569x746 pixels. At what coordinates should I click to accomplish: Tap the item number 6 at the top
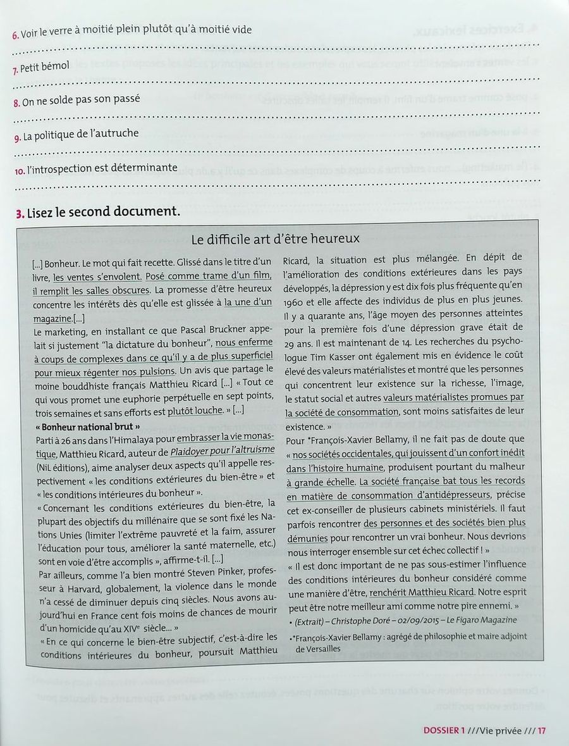tap(15, 35)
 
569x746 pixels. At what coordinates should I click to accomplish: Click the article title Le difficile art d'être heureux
tap(275, 239)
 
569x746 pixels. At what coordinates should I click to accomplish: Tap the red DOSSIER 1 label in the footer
tap(443, 730)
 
